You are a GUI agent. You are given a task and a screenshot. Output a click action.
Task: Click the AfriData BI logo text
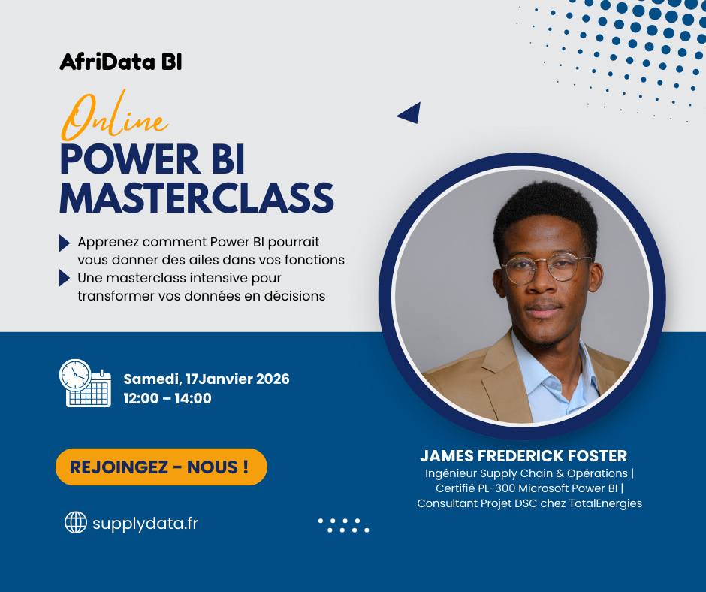coord(121,62)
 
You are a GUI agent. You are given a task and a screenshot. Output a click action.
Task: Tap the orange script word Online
coord(114,116)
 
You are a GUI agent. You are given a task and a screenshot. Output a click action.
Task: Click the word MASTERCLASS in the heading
coord(197,198)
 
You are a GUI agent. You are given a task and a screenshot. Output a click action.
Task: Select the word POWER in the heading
coord(130,159)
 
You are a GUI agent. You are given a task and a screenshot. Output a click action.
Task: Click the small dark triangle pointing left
coord(410,113)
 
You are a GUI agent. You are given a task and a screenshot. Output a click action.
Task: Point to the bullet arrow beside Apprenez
coord(65,243)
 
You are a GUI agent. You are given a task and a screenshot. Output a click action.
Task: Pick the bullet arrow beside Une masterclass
coord(65,278)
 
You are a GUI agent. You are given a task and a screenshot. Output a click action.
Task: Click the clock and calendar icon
coord(85,383)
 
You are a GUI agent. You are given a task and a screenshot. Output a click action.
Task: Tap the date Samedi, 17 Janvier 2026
coord(207,379)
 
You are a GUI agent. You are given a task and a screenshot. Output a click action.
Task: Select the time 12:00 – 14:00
coord(167,398)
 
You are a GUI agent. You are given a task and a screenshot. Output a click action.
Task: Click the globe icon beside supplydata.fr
coord(76,522)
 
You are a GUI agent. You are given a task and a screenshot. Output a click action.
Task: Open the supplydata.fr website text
coord(145,524)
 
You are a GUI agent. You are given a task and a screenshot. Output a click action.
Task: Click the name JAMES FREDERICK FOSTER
coord(523,455)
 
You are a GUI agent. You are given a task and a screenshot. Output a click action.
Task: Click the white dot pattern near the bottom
coord(343,525)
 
